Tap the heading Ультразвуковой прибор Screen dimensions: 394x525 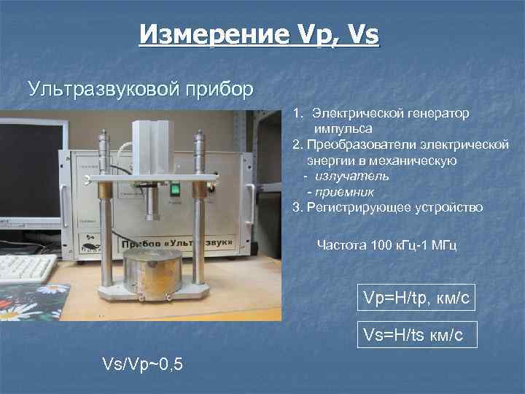141,89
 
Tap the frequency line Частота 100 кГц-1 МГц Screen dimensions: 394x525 386,246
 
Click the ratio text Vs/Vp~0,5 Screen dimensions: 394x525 142,362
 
